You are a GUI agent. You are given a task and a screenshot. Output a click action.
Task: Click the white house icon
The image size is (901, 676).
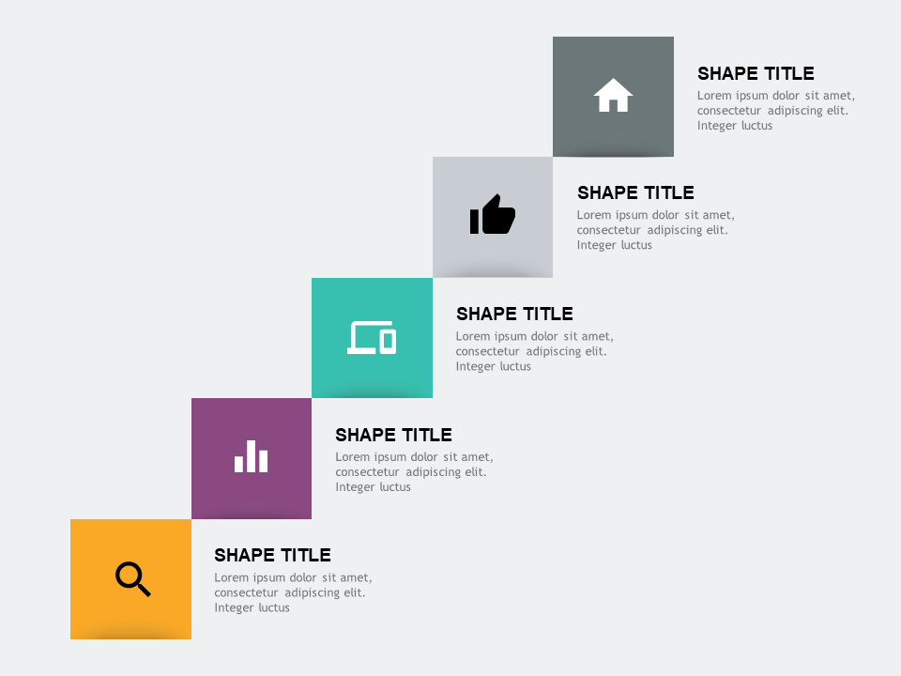[613, 96]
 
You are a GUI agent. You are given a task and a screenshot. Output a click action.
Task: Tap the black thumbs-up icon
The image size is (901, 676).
[493, 215]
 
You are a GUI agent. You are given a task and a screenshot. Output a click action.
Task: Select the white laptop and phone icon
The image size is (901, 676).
[372, 337]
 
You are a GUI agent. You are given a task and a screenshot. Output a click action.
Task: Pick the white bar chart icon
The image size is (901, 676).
[252, 456]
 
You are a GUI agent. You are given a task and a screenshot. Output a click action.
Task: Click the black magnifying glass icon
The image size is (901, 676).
[133, 579]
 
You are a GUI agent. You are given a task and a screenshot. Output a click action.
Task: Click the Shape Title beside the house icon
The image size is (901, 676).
[756, 73]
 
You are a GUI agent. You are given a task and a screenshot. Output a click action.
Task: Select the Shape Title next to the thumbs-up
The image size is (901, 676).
[635, 192]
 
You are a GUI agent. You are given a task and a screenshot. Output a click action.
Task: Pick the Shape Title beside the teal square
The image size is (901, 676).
[514, 314]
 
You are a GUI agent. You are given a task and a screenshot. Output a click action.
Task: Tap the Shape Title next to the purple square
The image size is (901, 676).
[393, 435]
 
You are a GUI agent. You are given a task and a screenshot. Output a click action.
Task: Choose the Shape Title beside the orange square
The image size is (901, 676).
[272, 555]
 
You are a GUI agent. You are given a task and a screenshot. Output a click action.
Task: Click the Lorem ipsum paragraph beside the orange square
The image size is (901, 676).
[293, 592]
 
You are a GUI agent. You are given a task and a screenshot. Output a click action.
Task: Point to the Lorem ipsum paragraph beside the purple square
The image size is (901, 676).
[414, 472]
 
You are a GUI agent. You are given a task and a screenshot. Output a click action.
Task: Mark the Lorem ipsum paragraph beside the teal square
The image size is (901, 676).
[535, 351]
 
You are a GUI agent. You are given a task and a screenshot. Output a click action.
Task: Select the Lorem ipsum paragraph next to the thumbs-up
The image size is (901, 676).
[656, 230]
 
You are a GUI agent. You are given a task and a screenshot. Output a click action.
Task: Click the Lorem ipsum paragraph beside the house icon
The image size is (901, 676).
[776, 111]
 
